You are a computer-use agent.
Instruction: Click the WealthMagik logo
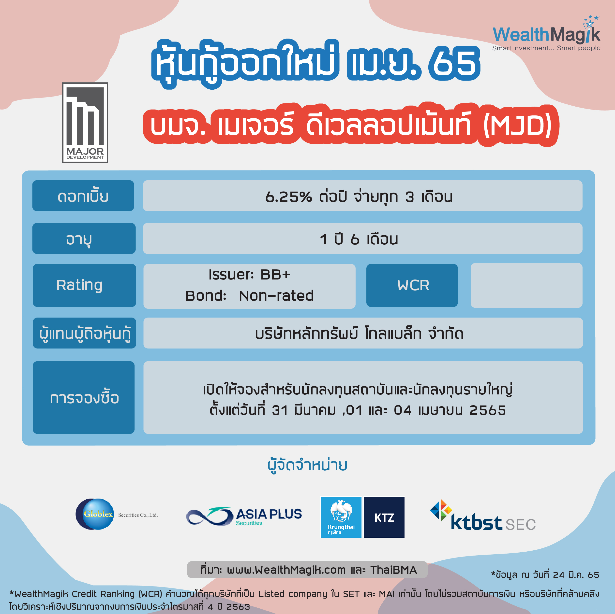coord(546,33)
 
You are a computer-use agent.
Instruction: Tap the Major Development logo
coord(85,122)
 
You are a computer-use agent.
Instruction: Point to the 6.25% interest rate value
coord(288,197)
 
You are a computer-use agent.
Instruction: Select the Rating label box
coord(84,285)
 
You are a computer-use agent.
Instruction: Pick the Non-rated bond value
coord(276,296)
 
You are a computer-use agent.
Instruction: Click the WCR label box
coord(412,285)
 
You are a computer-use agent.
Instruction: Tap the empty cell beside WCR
coord(526,285)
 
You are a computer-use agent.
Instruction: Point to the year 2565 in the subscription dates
coord(488,410)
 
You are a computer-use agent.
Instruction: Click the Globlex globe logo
coord(94,514)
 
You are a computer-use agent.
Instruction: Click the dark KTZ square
coord(384,517)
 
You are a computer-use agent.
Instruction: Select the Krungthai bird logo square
coord(341,517)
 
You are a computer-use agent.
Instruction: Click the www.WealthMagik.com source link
coord(286,570)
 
